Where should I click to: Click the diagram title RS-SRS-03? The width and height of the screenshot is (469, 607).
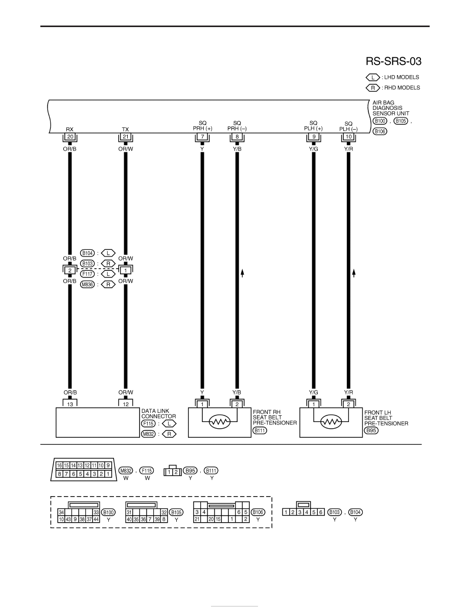pos(393,61)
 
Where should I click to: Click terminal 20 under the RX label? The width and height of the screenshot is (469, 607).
pos(70,136)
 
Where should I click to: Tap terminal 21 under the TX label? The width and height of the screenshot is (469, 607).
pos(125,136)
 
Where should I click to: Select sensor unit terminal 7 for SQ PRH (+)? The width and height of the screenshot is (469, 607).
pos(202,136)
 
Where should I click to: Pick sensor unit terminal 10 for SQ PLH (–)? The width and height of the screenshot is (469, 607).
pos(348,136)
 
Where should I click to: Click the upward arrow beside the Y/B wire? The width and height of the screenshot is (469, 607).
pos(242,273)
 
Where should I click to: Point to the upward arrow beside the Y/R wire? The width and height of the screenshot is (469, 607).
pos(354,273)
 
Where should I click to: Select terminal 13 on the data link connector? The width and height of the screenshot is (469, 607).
pos(70,404)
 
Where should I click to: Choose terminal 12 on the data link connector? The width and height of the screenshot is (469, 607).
pos(125,404)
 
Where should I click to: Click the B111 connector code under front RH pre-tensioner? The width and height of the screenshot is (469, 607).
pos(260,431)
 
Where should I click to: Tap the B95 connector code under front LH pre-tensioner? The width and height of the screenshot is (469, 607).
pos(371,431)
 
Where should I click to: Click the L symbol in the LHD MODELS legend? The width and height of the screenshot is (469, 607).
pos(373,78)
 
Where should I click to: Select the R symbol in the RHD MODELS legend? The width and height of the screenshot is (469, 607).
pos(373,88)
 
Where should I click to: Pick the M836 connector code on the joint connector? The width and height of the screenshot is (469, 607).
pos(87,285)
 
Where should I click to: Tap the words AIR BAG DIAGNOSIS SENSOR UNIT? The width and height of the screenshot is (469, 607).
pos(391,108)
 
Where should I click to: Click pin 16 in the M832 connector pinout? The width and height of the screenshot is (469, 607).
pos(59,465)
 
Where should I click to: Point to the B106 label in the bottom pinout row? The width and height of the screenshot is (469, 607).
pos(257,512)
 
